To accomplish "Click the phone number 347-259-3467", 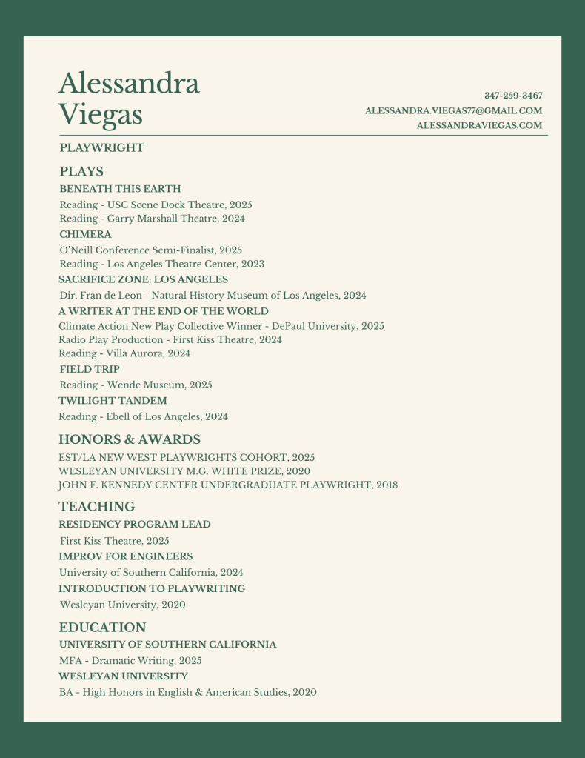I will tap(513, 96).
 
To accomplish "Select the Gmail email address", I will tap(453, 110).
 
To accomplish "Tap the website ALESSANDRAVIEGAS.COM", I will tap(479, 125).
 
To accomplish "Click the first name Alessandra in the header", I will tap(129, 83).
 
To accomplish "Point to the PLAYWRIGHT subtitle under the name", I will tap(101, 147).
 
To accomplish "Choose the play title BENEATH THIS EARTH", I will tap(120, 189).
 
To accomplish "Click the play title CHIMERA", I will tap(85, 234).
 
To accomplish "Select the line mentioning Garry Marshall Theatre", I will tap(152, 219).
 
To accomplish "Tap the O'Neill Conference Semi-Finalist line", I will tap(150, 250).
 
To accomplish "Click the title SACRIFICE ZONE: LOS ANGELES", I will tap(143, 279).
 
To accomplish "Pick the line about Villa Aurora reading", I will tap(124, 353).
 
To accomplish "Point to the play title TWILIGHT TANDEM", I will tap(113, 401).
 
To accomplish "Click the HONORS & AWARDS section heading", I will tap(130, 439).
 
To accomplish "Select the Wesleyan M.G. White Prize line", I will tap(184, 471).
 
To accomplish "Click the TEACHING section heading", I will tap(96, 507).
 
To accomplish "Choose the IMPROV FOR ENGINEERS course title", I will tap(126, 556).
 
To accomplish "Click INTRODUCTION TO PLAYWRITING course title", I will tap(152, 588).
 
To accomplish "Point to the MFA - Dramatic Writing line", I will tap(130, 660).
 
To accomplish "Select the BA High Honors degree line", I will tap(187, 692).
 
